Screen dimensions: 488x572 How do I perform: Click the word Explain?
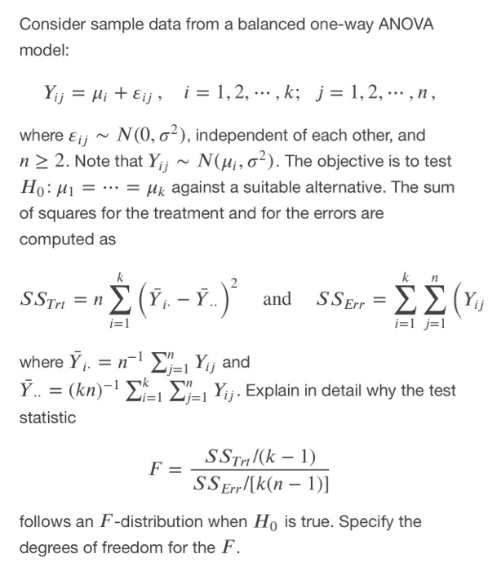pyautogui.click(x=288, y=391)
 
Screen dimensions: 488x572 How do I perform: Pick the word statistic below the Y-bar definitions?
pyautogui.click(x=47, y=418)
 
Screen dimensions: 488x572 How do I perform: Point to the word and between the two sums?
pyautogui.click(x=277, y=298)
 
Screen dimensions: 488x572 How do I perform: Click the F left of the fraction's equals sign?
pyautogui.click(x=155, y=469)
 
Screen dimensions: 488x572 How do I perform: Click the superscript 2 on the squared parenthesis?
pyautogui.click(x=233, y=283)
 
